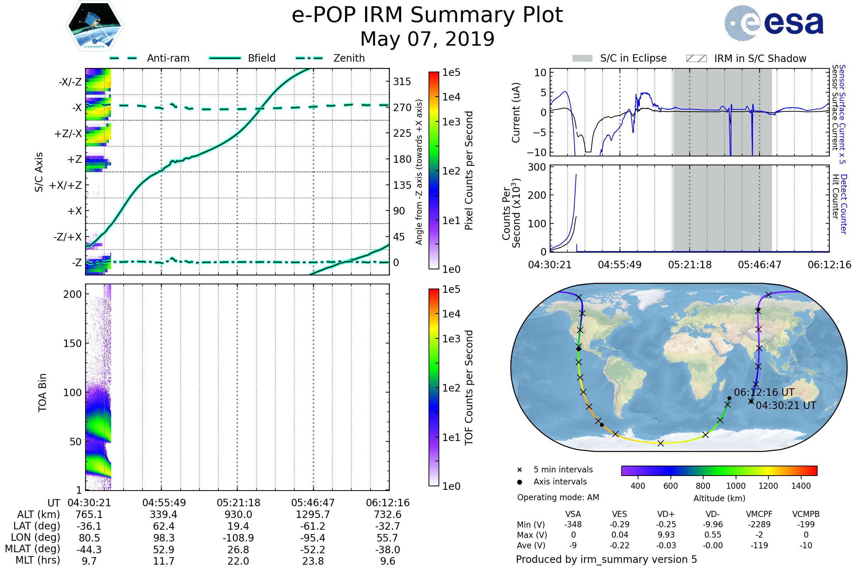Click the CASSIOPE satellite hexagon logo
tap(94, 25)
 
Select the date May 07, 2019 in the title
tap(427, 39)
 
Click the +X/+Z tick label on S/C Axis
tap(66, 185)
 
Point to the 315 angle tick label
tap(402, 82)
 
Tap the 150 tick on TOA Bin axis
tap(72, 343)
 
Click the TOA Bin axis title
tap(42, 392)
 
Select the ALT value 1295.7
tap(313, 514)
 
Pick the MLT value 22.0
tap(238, 561)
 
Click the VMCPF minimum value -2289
tap(759, 524)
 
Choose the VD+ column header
tap(665, 514)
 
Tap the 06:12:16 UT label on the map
tap(764, 392)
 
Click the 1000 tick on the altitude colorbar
tap(735, 486)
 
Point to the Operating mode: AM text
tap(558, 497)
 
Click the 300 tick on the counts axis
tap(537, 167)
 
